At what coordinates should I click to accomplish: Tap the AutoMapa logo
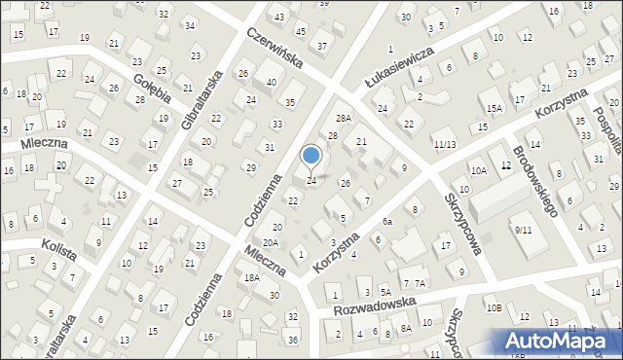tap(559, 340)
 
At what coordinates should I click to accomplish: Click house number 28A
tap(343, 118)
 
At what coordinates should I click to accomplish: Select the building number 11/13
tap(445, 145)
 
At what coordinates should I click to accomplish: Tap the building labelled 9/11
tap(524, 230)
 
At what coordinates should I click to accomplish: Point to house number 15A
tap(494, 108)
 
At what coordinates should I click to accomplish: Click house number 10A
tap(478, 170)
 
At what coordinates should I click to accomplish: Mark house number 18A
tap(252, 278)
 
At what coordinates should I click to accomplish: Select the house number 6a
tap(386, 222)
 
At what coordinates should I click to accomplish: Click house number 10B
tap(494, 308)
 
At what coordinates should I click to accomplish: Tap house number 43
tap(279, 18)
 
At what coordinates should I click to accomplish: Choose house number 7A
tap(420, 283)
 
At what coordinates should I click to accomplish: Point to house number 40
tap(271, 83)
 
